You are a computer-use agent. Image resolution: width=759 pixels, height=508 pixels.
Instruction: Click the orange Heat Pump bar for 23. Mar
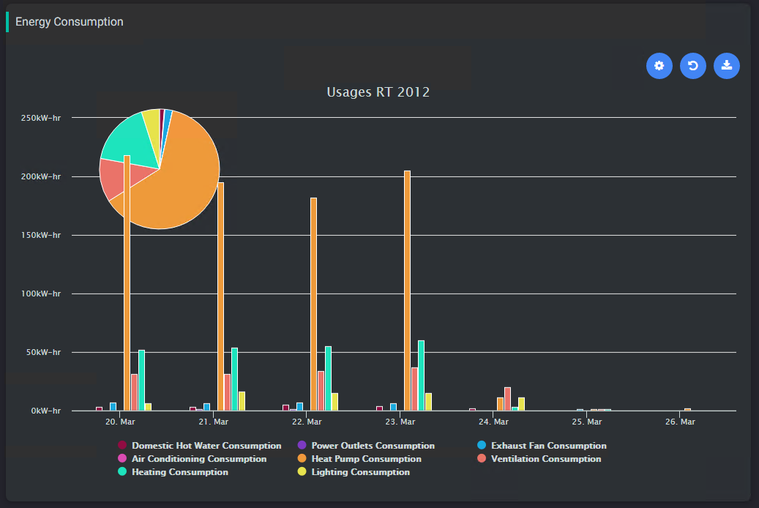pyautogui.click(x=407, y=293)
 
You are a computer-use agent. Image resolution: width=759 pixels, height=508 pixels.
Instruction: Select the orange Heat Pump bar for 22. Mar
pyautogui.click(x=314, y=307)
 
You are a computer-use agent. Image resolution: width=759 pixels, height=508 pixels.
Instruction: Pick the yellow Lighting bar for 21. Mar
pyautogui.click(x=242, y=401)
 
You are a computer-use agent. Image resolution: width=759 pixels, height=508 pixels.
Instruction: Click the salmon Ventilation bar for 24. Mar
pyautogui.click(x=507, y=399)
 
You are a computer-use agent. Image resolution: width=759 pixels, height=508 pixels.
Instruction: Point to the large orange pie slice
pyautogui.click(x=176, y=190)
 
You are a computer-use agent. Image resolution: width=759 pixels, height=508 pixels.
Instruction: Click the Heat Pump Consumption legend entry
pyautogui.click(x=366, y=459)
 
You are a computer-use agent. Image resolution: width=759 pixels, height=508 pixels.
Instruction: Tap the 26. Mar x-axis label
pyautogui.click(x=680, y=422)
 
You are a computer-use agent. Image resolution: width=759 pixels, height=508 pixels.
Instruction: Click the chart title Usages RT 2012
pyautogui.click(x=378, y=92)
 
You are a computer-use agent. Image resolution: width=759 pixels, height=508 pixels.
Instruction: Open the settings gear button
pyautogui.click(x=659, y=66)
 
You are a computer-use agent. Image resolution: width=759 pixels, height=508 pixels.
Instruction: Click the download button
pyautogui.click(x=727, y=66)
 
